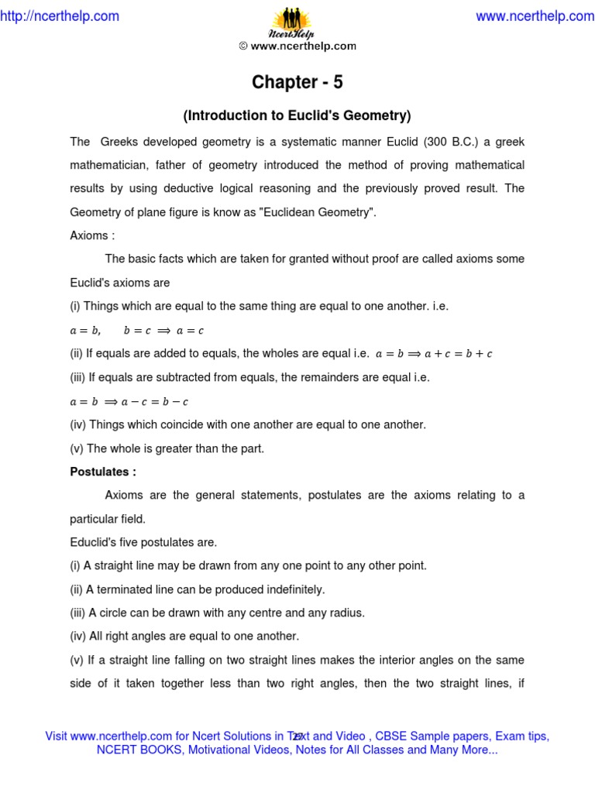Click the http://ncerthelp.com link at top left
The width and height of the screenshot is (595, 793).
point(60,16)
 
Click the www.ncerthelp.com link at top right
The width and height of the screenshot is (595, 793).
point(535,16)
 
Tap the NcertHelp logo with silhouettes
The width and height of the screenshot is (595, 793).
point(297,23)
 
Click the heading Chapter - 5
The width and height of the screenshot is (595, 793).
point(297,82)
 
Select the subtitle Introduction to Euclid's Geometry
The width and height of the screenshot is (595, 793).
point(297,116)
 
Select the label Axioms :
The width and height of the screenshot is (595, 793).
point(92,235)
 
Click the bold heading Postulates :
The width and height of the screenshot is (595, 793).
point(103,472)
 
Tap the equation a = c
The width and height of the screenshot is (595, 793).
point(190,331)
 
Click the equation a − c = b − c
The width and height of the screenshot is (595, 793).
point(152,402)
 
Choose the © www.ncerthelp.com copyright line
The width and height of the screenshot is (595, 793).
point(297,46)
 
